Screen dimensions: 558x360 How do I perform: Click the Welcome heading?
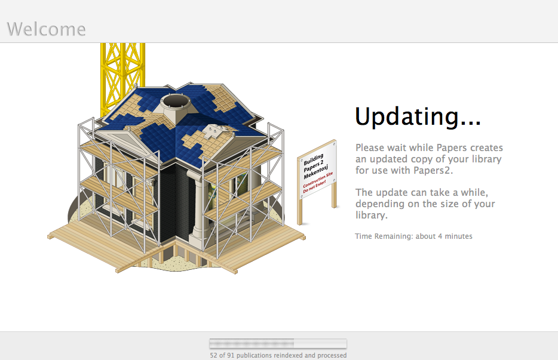coord(46,29)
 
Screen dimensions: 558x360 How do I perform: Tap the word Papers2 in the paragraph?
coord(431,170)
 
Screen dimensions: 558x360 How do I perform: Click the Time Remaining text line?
coord(413,236)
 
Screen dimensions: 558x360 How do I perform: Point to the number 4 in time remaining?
coord(440,236)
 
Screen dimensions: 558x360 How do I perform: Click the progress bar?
coord(278,343)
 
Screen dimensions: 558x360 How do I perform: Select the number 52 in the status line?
coord(213,355)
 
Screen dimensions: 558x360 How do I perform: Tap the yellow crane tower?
coord(122,79)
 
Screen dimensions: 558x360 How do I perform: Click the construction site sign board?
coord(317,170)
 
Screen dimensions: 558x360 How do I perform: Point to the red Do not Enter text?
coord(314,186)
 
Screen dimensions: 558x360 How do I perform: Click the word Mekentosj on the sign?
coord(315,171)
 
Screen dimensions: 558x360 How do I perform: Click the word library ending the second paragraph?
coord(370,215)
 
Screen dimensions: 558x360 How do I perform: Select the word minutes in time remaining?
coord(458,236)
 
